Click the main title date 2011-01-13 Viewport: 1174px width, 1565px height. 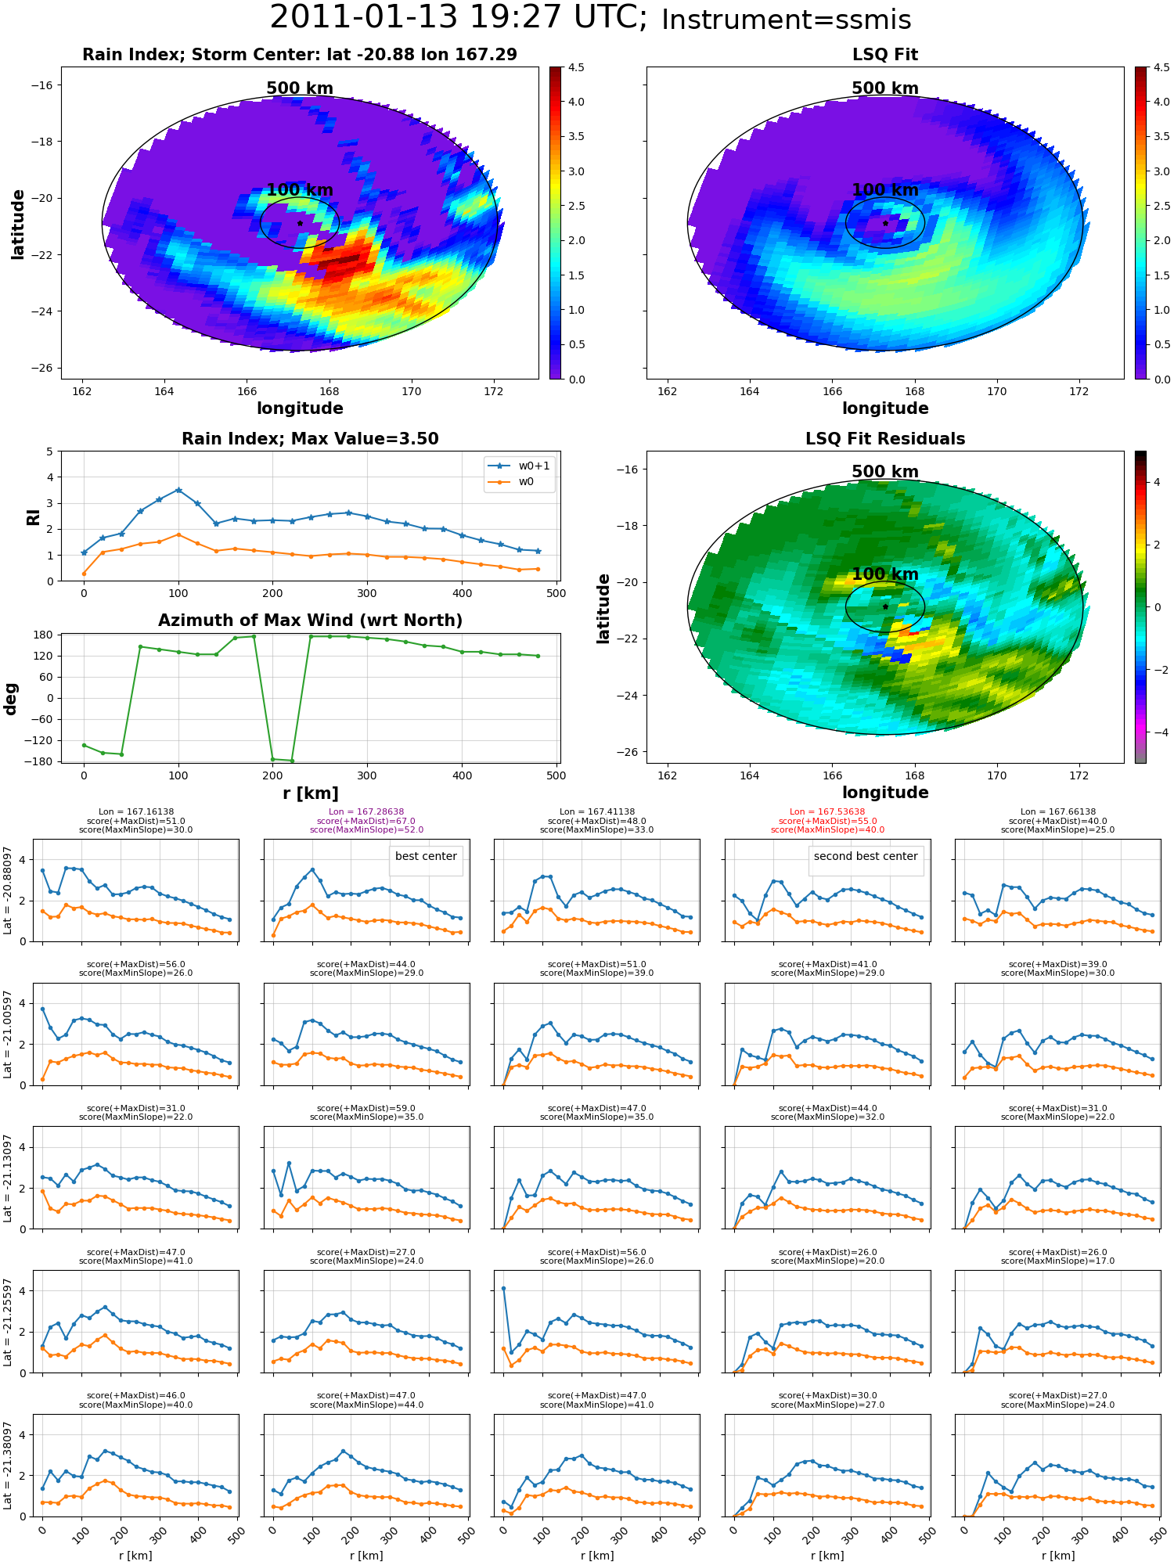coord(380,17)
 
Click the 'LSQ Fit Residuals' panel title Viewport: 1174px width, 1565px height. coord(885,439)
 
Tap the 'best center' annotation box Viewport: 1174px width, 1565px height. coord(426,857)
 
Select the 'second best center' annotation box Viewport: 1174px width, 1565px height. coord(866,857)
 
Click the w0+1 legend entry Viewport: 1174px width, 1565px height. coord(520,466)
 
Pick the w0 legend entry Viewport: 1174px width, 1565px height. coord(512,481)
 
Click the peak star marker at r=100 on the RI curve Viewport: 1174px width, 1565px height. coord(178,490)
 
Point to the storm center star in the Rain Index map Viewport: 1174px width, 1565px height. coord(300,223)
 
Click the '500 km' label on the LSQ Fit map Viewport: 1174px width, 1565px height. coord(885,88)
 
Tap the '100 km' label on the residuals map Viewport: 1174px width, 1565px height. coord(885,574)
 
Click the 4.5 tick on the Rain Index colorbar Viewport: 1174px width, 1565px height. coord(576,67)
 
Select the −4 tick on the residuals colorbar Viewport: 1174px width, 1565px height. coord(1157,732)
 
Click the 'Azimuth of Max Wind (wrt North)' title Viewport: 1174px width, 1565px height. coord(311,621)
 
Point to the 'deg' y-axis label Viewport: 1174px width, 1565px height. coord(11,699)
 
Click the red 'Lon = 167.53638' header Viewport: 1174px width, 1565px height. coord(827,812)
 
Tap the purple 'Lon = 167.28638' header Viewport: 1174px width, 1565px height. coord(366,812)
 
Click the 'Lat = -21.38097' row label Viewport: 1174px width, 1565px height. coord(8,1466)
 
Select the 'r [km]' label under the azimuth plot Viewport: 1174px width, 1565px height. coord(311,793)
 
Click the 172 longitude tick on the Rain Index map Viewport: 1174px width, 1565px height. coord(494,391)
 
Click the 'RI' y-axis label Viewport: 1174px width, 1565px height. coord(33,517)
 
